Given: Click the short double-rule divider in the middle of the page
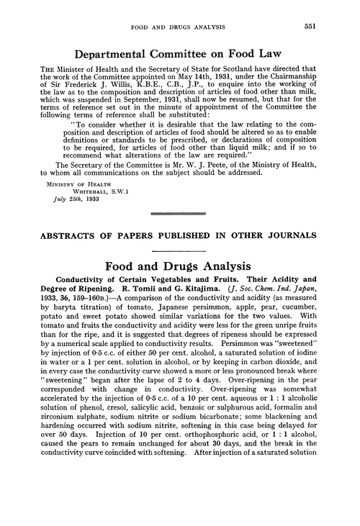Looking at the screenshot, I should tap(179, 255).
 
